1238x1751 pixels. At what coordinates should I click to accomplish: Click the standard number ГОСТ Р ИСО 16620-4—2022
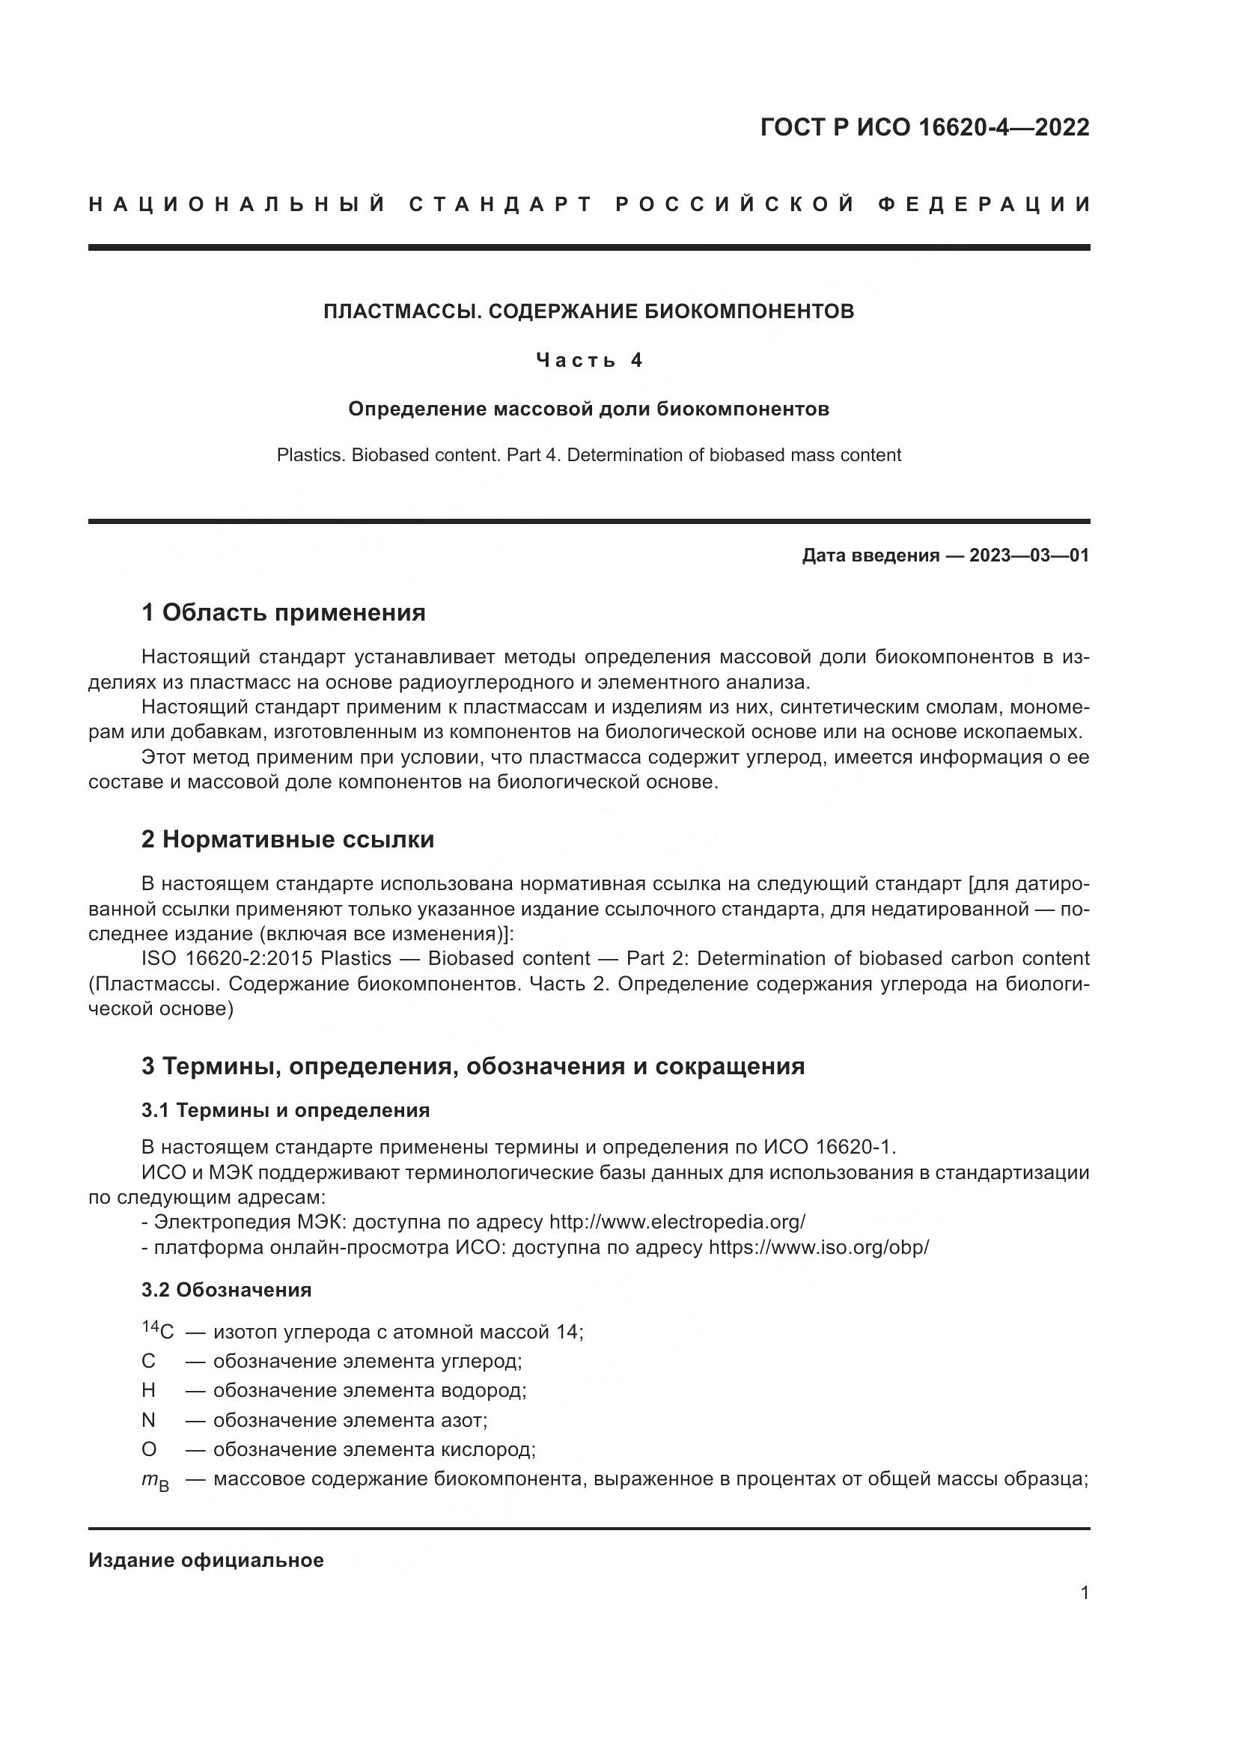924,127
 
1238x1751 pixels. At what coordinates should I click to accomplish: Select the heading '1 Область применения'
284,612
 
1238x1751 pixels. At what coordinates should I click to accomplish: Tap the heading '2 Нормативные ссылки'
287,839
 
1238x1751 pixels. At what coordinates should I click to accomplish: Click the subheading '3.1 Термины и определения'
285,1109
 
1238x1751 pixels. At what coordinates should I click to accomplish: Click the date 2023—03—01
1029,555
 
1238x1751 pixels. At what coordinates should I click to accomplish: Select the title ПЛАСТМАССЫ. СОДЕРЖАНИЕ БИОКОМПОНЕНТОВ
588,311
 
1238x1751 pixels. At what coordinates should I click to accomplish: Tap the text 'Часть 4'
589,360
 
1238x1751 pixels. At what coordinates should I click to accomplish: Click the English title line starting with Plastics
588,455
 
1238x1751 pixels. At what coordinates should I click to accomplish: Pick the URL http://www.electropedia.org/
677,1222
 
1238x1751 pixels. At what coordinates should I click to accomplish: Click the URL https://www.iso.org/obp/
819,1248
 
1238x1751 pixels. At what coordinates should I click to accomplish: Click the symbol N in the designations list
149,1420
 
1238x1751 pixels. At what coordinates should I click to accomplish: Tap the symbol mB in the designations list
156,1481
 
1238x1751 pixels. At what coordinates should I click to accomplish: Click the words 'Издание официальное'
206,1560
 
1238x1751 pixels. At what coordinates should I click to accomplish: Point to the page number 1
1084,1593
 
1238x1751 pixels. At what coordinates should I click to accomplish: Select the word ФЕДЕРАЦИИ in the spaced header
984,204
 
